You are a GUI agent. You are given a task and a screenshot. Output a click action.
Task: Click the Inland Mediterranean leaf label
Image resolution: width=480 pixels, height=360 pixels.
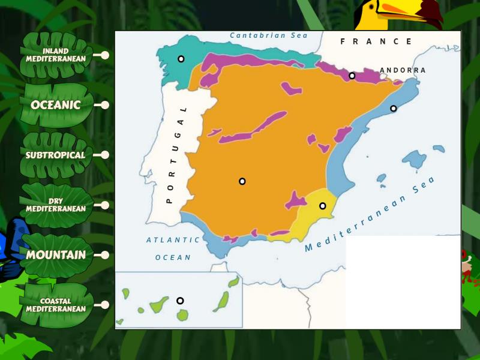(56, 55)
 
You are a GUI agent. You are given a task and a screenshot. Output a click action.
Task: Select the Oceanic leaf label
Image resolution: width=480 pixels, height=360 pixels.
(56, 105)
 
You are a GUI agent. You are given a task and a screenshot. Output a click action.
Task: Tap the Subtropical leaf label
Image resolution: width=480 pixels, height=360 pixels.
(56, 155)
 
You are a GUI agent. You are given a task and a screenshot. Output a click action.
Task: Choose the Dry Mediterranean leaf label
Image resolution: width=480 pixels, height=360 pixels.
(56, 205)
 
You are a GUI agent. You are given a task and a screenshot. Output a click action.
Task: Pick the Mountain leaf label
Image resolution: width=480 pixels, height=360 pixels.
(56, 255)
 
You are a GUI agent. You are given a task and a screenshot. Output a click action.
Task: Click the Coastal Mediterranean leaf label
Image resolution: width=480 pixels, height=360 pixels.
(56, 305)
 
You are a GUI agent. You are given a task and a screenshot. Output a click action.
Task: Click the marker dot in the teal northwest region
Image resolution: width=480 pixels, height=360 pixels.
(181, 59)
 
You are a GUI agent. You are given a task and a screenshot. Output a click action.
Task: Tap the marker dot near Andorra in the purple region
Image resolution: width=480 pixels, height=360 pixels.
(352, 76)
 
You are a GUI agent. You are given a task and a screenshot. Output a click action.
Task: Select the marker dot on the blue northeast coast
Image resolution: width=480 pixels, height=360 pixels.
(394, 109)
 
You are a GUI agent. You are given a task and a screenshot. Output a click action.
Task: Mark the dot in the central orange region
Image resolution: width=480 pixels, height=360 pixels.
(242, 181)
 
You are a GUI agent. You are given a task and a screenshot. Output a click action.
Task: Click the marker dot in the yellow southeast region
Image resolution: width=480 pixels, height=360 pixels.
(323, 206)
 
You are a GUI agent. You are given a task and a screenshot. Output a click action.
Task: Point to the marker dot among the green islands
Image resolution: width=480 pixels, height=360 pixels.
(180, 301)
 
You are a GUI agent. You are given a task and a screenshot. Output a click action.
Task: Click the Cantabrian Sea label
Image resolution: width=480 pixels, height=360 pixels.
(268, 35)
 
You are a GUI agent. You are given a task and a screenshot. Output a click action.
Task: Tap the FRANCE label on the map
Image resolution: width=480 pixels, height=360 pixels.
(376, 41)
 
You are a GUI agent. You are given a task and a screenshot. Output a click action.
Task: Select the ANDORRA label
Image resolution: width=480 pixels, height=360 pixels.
(403, 70)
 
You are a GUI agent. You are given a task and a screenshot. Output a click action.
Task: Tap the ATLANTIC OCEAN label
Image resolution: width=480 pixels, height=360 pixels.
(173, 248)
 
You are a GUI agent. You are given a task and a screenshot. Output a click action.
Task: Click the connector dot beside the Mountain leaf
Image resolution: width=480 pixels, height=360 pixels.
(105, 255)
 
